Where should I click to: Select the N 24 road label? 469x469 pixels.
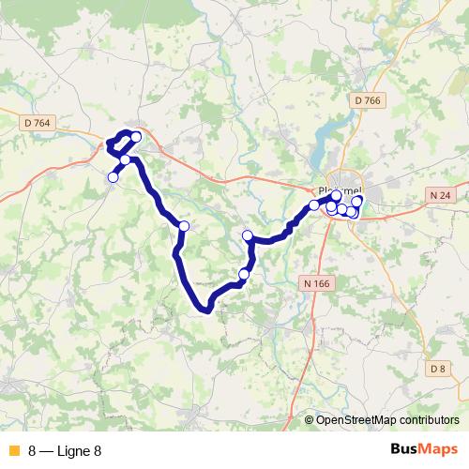[441, 195]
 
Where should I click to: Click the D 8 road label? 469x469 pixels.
[437, 369]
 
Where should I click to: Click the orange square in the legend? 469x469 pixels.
[12, 451]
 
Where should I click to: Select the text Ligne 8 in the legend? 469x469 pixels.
[79, 451]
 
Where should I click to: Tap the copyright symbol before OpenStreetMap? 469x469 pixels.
[310, 420]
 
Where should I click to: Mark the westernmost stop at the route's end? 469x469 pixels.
[113, 177]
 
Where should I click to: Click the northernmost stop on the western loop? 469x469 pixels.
[136, 138]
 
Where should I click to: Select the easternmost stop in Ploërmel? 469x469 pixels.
[357, 202]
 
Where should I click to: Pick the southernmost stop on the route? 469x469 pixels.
[244, 274]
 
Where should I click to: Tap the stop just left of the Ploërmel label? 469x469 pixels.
[314, 204]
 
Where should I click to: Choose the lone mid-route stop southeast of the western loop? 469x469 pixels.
[184, 226]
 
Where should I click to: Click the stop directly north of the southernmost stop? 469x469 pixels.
[248, 235]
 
